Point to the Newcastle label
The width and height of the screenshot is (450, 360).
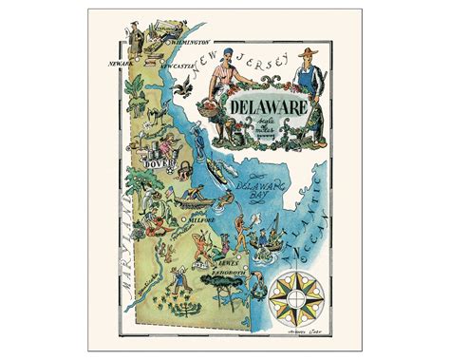177,68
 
